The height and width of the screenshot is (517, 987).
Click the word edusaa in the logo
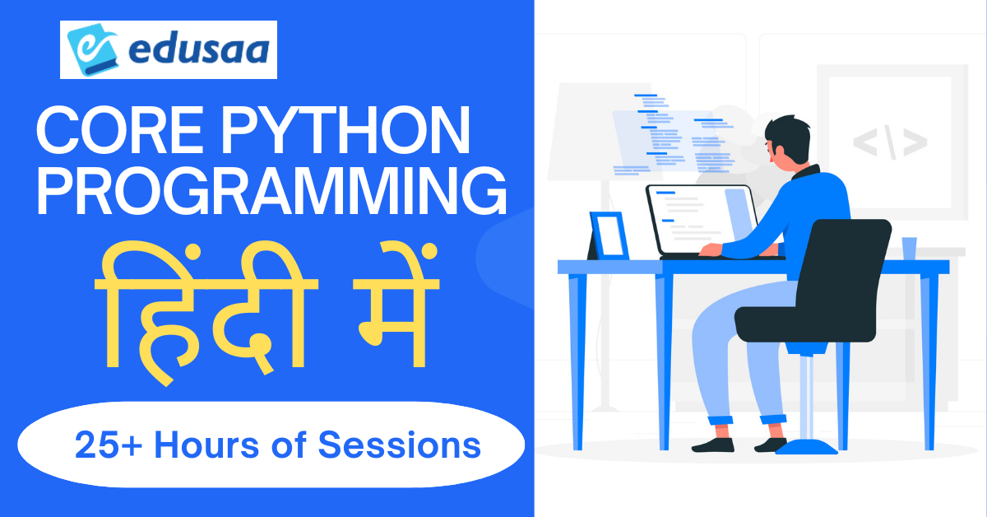[x=199, y=49]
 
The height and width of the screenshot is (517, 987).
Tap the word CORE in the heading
[x=119, y=130]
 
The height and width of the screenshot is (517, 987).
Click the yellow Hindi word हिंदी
[x=206, y=312]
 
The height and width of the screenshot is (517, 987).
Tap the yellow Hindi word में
[x=396, y=305]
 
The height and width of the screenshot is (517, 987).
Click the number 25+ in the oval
[x=109, y=445]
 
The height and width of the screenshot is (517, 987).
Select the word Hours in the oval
[x=206, y=445]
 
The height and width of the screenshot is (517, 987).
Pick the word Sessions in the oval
[x=399, y=445]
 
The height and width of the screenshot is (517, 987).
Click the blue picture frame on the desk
[x=609, y=235]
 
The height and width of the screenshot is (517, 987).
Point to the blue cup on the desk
[x=909, y=249]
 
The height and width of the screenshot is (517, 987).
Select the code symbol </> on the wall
[x=890, y=142]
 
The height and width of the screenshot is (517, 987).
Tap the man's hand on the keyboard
[x=711, y=249]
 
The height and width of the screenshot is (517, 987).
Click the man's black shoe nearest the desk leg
[x=713, y=445]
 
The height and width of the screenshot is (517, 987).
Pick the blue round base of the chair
[x=806, y=447]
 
